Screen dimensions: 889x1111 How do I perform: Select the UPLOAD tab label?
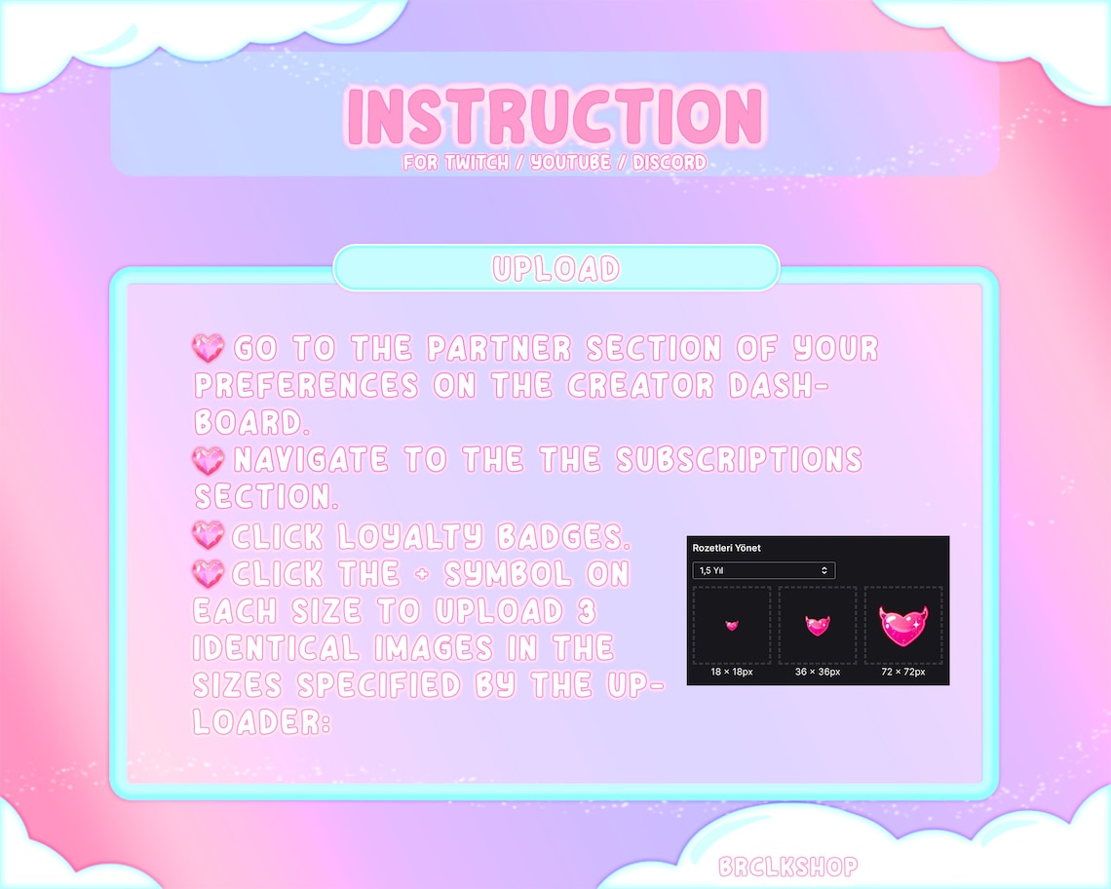(x=556, y=269)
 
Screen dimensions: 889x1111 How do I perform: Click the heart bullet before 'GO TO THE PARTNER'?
(x=209, y=348)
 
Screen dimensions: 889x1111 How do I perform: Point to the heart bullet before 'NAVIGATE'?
(x=209, y=459)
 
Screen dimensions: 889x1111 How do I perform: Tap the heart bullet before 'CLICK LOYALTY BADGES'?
(x=209, y=535)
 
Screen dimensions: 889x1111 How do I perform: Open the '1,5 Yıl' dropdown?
(x=763, y=570)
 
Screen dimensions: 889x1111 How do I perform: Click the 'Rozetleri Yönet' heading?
(x=727, y=549)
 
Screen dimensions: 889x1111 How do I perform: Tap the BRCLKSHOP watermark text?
(x=787, y=867)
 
